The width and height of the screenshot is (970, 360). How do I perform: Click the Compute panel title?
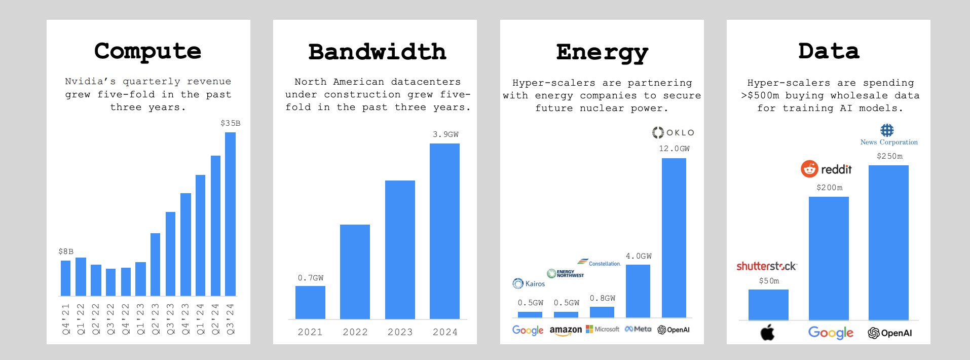(x=147, y=51)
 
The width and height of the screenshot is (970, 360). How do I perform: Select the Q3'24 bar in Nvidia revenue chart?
(x=230, y=213)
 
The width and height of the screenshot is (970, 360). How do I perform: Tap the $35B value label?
(x=230, y=123)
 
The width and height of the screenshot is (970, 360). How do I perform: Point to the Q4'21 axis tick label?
(x=66, y=319)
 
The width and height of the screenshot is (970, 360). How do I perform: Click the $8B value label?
(x=66, y=251)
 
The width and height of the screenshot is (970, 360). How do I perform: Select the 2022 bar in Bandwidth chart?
(x=355, y=271)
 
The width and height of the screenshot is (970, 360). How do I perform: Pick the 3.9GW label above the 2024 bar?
(x=445, y=134)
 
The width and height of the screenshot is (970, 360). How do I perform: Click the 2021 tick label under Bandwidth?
(x=310, y=332)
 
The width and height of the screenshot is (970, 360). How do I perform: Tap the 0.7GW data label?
(x=310, y=278)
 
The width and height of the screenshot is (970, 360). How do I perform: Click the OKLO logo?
(x=673, y=133)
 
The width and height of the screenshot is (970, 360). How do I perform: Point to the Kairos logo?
(x=529, y=283)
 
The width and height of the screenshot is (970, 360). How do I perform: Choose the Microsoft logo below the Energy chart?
(x=603, y=330)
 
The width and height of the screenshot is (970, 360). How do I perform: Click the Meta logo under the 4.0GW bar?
(x=638, y=330)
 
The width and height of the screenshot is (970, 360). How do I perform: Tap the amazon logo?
(x=566, y=331)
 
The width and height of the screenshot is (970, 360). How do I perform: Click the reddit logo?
(x=826, y=169)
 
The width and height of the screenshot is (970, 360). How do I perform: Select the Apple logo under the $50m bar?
(x=767, y=333)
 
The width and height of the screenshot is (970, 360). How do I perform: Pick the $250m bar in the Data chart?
(x=888, y=242)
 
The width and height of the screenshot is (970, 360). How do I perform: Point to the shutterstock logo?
(x=766, y=266)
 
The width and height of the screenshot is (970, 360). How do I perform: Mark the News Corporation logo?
(x=888, y=135)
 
